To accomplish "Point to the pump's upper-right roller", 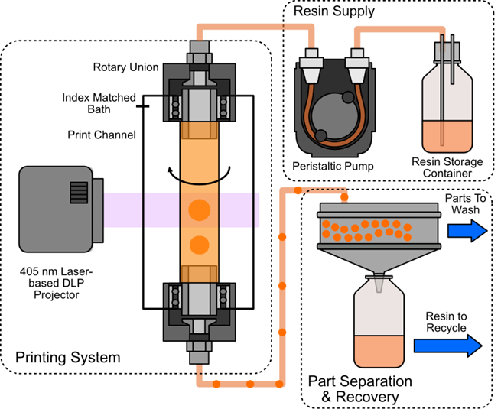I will [348, 98].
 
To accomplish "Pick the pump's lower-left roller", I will [321, 135].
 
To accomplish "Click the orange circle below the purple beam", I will [199, 245].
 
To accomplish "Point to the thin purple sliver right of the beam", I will [258, 209].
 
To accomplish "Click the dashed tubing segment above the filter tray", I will [321, 189].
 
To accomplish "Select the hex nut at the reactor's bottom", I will [199, 353].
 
